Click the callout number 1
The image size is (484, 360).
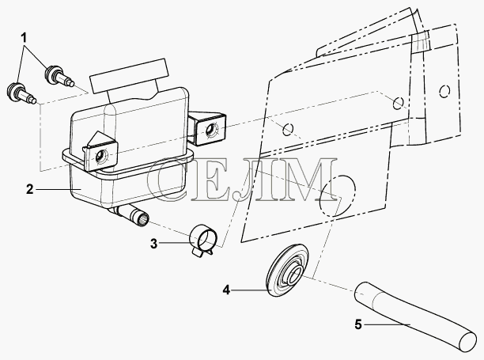24,38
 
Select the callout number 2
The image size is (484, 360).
29,189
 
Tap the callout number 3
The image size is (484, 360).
153,244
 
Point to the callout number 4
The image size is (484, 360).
226,290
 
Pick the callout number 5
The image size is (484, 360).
358,324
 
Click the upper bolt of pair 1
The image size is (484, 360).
59,76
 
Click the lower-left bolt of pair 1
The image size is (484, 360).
21,93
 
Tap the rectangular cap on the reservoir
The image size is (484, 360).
129,76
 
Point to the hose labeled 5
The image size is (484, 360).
415,316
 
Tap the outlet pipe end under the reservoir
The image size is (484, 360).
144,221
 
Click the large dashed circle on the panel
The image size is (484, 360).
337,196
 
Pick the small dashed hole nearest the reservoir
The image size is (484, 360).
288,130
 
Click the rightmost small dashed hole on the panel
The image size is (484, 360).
444,91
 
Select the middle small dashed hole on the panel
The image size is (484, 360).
398,103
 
